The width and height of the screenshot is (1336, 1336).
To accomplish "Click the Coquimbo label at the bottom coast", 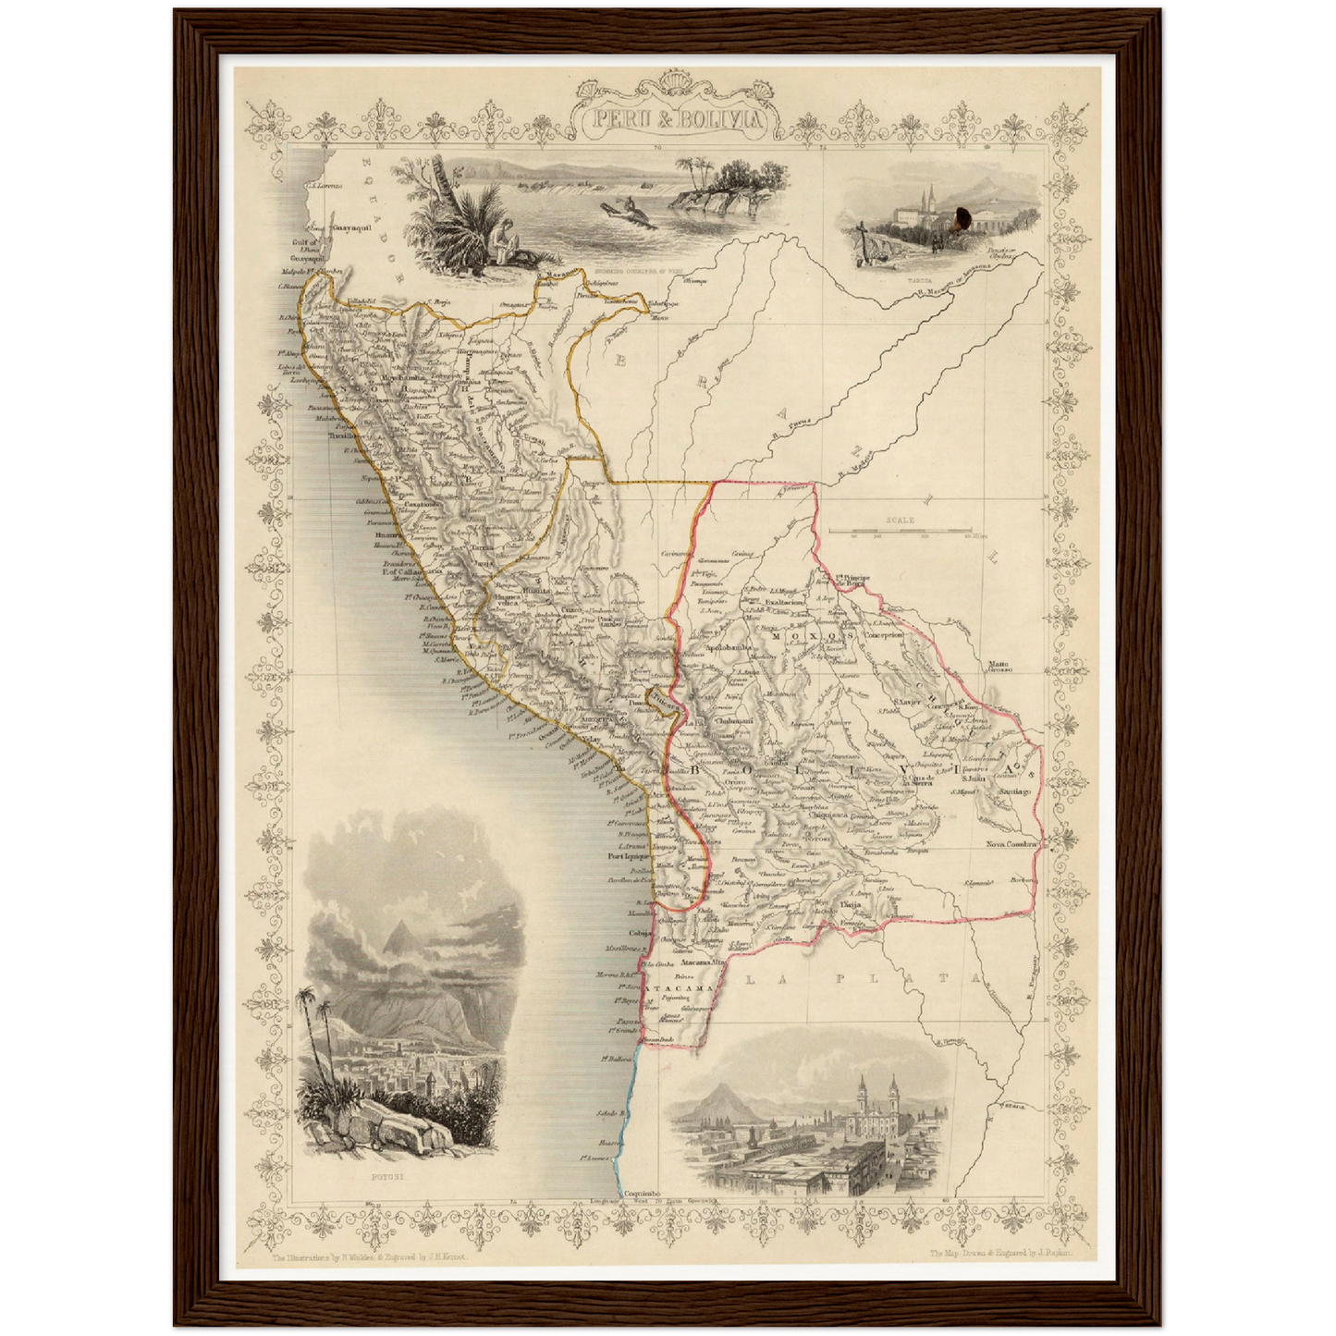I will click(x=641, y=1194).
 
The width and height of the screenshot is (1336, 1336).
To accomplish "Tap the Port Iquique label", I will click(x=630, y=856).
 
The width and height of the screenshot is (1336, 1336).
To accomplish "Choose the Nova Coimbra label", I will click(x=1013, y=844).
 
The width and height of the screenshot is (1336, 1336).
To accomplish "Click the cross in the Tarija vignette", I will click(x=861, y=231).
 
